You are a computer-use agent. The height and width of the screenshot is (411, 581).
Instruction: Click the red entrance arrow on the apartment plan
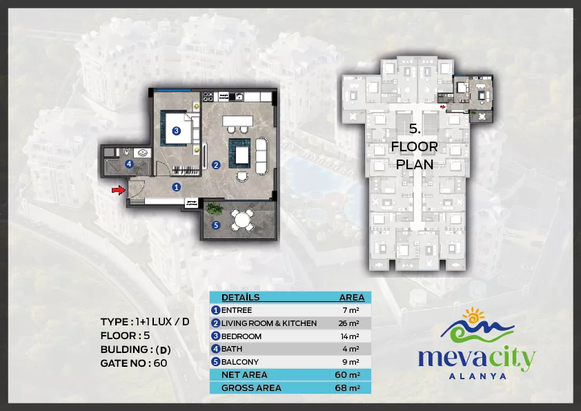point(118,190)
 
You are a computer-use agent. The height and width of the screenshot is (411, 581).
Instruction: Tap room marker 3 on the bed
point(177,131)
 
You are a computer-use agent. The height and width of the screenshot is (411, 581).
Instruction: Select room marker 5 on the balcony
point(216,224)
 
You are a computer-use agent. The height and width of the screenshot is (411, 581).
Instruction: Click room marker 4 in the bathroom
point(129,164)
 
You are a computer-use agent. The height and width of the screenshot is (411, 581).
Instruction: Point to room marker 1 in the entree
point(177,187)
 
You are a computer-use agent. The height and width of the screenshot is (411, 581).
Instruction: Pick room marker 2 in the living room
point(216,164)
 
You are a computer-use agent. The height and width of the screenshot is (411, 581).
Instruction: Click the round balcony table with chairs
point(242,220)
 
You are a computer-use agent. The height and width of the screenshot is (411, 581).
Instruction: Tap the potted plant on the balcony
point(214,208)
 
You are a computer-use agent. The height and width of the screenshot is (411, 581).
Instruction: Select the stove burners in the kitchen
point(208,97)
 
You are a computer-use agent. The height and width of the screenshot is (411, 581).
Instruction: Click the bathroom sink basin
point(143,152)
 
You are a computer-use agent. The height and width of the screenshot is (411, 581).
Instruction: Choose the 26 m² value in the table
point(348,323)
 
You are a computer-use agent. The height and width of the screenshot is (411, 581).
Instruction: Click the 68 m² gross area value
point(348,388)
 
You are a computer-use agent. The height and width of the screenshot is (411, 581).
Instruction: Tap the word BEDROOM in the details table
point(242,336)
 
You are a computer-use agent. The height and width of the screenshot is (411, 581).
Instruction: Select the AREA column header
point(352,297)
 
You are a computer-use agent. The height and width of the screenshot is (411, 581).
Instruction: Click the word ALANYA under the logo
point(477,376)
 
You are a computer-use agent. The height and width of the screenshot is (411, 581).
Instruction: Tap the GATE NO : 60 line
point(134,363)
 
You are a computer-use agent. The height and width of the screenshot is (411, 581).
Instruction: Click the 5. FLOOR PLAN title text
point(415,146)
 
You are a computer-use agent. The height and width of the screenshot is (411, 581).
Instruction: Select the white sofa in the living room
point(262,156)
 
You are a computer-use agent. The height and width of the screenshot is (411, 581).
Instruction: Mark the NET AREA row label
point(244,374)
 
